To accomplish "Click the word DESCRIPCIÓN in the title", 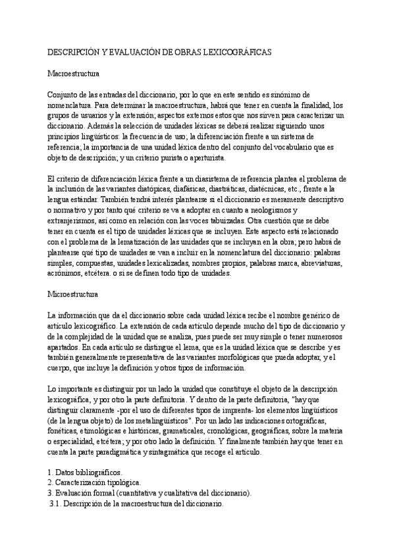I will click(x=74, y=51).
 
